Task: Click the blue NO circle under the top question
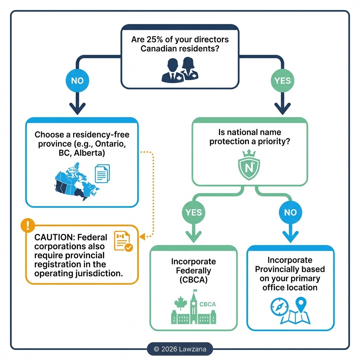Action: click(x=77, y=81)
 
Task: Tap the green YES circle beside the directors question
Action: click(x=283, y=81)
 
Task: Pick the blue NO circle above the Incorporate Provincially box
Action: click(x=290, y=212)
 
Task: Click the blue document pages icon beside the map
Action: click(x=102, y=173)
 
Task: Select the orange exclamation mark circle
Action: click(x=28, y=225)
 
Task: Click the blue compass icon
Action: click(x=279, y=306)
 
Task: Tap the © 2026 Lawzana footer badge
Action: click(x=180, y=349)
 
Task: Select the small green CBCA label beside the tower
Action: click(x=207, y=304)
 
